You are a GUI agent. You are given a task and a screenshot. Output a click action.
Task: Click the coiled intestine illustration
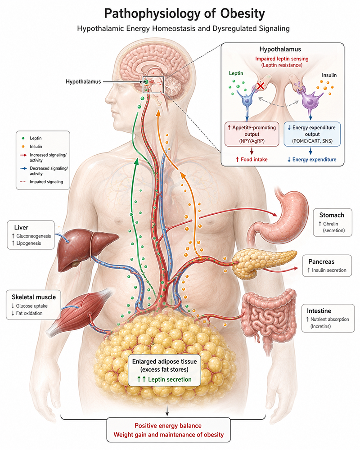269,319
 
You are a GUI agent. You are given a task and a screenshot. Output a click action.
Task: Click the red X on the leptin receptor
261,85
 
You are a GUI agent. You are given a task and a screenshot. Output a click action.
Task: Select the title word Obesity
243,13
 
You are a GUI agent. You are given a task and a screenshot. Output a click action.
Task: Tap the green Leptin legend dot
23,138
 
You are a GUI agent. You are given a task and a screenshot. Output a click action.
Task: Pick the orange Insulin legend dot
23,146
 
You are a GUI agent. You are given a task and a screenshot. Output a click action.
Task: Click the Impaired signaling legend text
46,182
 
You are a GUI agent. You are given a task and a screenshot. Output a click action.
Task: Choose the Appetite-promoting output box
252,134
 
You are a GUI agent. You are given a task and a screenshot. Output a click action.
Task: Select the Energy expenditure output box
312,134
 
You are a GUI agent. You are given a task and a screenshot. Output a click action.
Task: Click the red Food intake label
252,160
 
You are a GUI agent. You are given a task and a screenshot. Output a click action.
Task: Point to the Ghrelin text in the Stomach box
330,224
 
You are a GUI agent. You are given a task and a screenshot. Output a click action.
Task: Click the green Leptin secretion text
165,379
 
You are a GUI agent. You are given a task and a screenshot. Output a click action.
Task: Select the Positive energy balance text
168,426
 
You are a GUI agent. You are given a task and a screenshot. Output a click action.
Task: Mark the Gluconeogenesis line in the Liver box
31,236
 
